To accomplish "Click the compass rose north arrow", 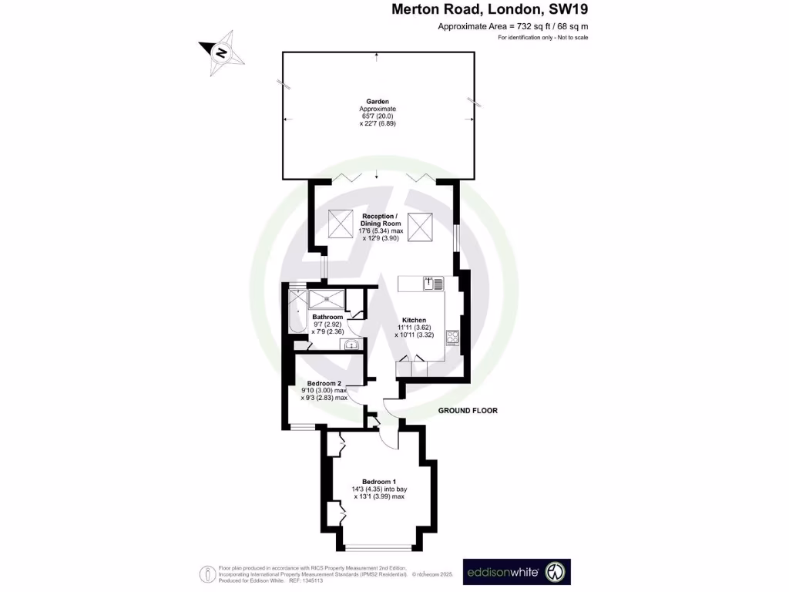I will coord(221,53).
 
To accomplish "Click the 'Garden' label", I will coord(378,101).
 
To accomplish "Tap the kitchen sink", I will coord(433,284).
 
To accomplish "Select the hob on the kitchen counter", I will coord(452,337).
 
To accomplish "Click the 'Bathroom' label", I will coord(327,317).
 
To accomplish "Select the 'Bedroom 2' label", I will coord(324,383).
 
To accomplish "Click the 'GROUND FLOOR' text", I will coord(468,411).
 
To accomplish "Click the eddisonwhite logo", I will coord(516,572).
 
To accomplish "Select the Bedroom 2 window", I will coord(302,427).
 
